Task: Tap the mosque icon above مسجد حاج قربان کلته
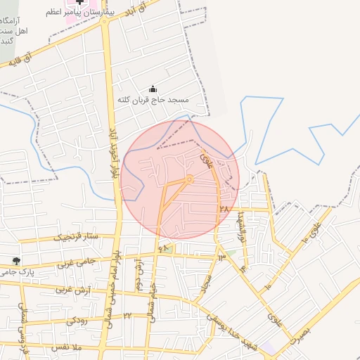point(153,88)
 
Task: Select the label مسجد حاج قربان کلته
point(153,100)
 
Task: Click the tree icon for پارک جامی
point(26,261)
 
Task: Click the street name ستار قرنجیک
point(79,236)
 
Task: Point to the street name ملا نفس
point(68,347)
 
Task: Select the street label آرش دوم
point(139,276)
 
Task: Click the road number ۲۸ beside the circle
point(224,209)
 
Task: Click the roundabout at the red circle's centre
point(189,179)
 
